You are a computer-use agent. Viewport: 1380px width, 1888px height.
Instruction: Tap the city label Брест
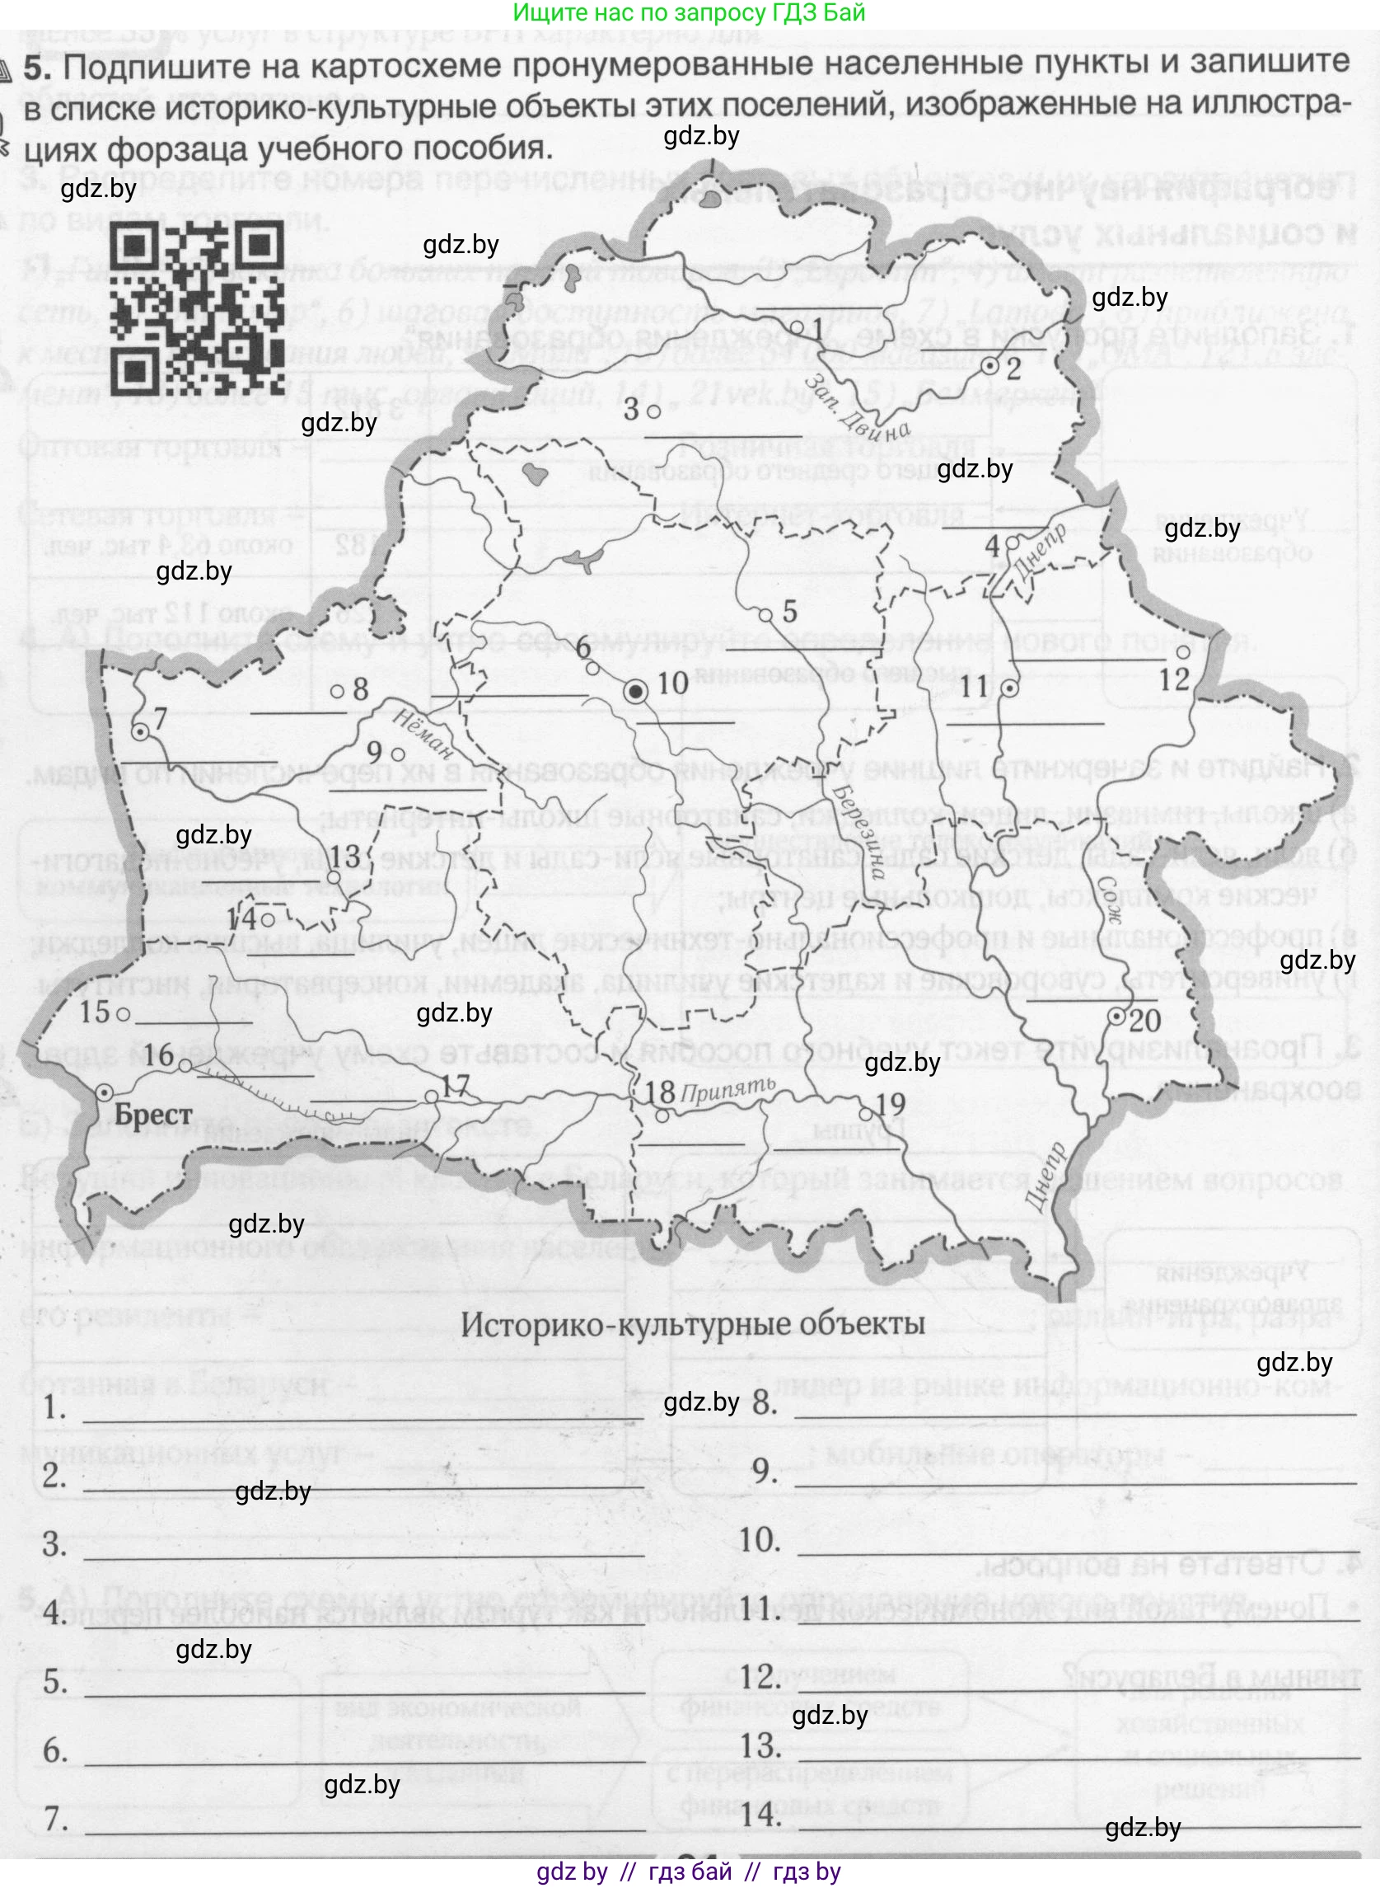point(154,1115)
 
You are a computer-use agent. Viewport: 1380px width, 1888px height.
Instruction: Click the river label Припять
point(727,1088)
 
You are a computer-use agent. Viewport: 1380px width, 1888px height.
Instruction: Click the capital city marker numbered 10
point(637,690)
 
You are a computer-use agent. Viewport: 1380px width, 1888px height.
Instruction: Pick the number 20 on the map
point(1145,1021)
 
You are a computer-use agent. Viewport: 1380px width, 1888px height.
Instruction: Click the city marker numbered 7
point(140,732)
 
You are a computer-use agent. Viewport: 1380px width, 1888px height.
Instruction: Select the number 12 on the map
point(1174,679)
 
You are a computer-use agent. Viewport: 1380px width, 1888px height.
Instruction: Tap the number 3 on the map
point(633,410)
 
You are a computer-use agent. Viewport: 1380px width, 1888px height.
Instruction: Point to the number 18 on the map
point(661,1092)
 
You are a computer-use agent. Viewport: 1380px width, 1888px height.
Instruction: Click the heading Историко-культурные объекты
point(693,1323)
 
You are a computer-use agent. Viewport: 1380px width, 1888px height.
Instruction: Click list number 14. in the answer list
point(760,1814)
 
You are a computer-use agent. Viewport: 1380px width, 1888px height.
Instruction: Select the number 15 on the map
point(95,1012)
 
